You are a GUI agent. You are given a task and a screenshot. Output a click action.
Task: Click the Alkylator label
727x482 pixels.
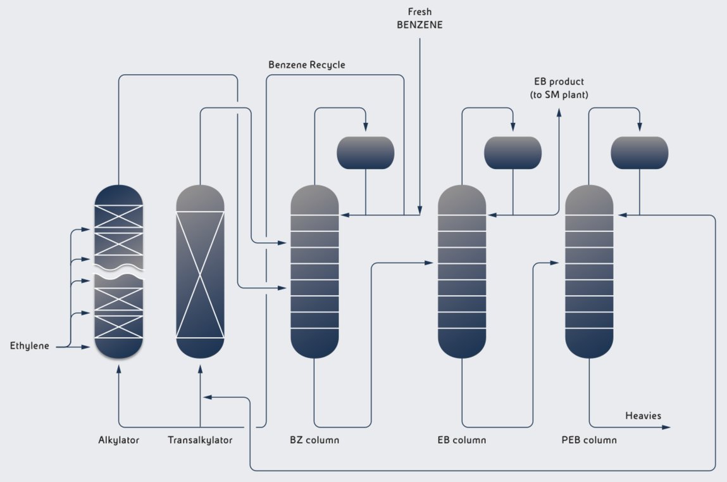pyautogui.click(x=118, y=440)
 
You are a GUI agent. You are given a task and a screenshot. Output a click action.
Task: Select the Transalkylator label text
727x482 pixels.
pyautogui.click(x=200, y=440)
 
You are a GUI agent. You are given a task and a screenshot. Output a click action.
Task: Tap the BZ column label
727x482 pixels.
pyautogui.click(x=314, y=440)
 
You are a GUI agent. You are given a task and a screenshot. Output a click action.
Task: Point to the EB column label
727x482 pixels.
pyautogui.click(x=462, y=440)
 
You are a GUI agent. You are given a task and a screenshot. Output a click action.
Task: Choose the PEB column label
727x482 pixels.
pyautogui.click(x=589, y=440)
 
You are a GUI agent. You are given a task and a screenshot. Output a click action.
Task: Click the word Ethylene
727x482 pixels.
pyautogui.click(x=30, y=346)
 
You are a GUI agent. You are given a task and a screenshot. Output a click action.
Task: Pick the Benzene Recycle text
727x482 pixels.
pyautogui.click(x=307, y=65)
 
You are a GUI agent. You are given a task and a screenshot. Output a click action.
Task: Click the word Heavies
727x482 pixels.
pyautogui.click(x=643, y=415)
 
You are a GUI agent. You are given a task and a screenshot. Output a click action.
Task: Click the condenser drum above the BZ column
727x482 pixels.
pyautogui.click(x=366, y=153)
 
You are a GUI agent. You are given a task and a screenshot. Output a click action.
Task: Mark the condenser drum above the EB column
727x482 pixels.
pyautogui.click(x=513, y=153)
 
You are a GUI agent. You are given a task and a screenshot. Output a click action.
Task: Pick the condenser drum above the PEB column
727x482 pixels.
pyautogui.click(x=639, y=153)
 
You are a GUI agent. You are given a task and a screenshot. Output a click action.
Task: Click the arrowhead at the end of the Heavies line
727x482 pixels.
pyautogui.click(x=666, y=428)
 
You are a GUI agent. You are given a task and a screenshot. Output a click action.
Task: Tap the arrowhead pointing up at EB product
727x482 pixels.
pyautogui.click(x=559, y=112)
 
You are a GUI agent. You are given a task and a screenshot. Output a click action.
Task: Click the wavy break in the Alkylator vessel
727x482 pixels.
pyautogui.click(x=119, y=272)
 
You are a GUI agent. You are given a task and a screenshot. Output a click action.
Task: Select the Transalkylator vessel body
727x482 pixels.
pyautogui.click(x=200, y=272)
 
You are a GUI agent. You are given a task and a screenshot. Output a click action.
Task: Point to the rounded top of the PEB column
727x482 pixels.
pyautogui.click(x=589, y=198)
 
